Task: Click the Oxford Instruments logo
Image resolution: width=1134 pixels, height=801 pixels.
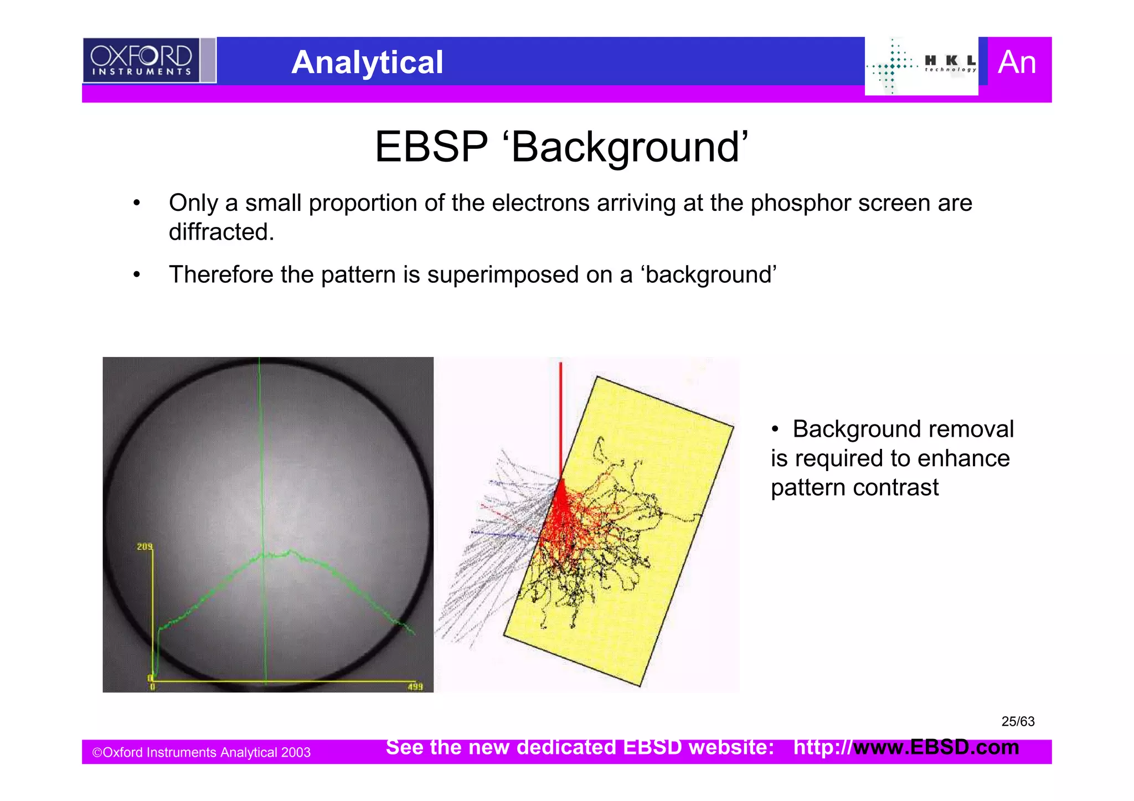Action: (x=141, y=60)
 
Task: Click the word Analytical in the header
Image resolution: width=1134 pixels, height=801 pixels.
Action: (x=367, y=62)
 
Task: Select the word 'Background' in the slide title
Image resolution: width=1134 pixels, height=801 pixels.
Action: (x=629, y=147)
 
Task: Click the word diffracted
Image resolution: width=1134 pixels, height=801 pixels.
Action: (x=221, y=232)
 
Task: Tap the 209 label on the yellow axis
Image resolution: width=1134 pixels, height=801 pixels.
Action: (x=145, y=547)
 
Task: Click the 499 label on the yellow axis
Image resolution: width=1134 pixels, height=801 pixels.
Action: (x=415, y=687)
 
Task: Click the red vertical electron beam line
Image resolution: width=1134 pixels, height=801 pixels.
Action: (x=560, y=415)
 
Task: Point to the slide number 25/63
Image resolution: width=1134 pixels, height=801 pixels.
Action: (x=1018, y=721)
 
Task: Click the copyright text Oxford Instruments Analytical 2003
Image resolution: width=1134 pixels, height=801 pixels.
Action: (x=202, y=752)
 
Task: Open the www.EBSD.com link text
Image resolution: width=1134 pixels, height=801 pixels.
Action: (x=936, y=747)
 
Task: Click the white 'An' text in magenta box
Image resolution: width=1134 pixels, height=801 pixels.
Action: (x=1017, y=62)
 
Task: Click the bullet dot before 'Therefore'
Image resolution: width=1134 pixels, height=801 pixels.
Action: (x=136, y=275)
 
